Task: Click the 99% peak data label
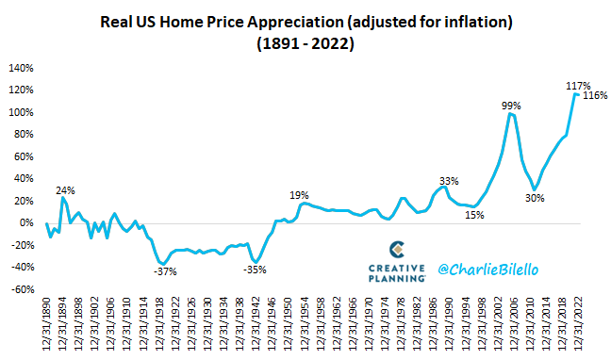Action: click(x=511, y=106)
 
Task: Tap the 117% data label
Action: click(x=577, y=86)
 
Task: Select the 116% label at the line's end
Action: click(x=596, y=96)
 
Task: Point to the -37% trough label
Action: click(x=165, y=272)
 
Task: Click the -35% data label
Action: click(x=255, y=270)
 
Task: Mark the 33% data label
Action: click(x=448, y=180)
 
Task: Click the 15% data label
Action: click(x=474, y=215)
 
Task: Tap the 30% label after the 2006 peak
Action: click(x=536, y=198)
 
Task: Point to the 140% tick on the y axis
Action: click(x=22, y=68)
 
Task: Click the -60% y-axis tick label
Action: click(x=22, y=289)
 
